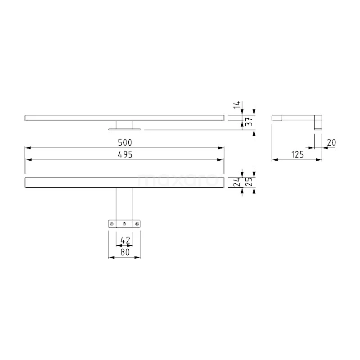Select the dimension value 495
point(124,154)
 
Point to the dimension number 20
point(332,143)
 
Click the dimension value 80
point(125,253)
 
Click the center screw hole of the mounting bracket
point(125,223)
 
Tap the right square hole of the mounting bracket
point(137,223)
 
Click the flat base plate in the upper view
point(125,129)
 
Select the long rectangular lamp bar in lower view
point(124,182)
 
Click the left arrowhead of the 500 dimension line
point(27,147)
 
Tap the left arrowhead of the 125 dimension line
point(275,159)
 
